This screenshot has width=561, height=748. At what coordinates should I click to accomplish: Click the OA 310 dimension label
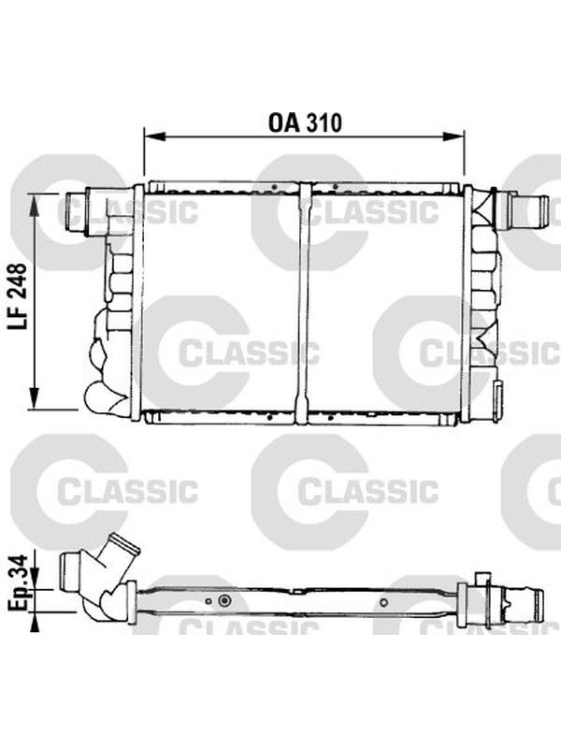click(305, 122)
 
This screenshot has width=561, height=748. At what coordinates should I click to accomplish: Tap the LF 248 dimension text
click(17, 296)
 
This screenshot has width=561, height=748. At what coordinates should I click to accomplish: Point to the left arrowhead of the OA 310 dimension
click(153, 137)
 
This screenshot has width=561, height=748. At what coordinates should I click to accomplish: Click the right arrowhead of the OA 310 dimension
click(453, 137)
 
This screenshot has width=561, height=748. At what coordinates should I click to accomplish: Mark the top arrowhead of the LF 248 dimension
click(34, 205)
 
